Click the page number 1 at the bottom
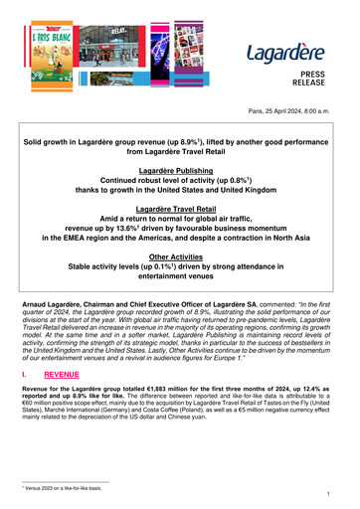click(x=338, y=491)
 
